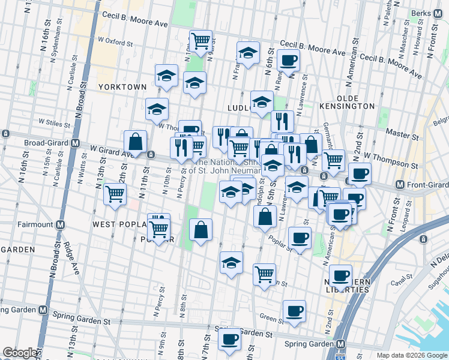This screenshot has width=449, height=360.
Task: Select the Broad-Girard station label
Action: tap(46, 143)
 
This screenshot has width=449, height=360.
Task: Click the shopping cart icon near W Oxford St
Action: tap(200, 41)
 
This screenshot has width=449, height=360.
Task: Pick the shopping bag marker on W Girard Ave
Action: tap(136, 142)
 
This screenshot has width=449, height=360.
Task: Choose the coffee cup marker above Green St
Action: tap(294, 311)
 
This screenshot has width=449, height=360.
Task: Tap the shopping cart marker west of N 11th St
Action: tap(114, 194)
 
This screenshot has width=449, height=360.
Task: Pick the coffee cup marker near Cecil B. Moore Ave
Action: tap(289, 60)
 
